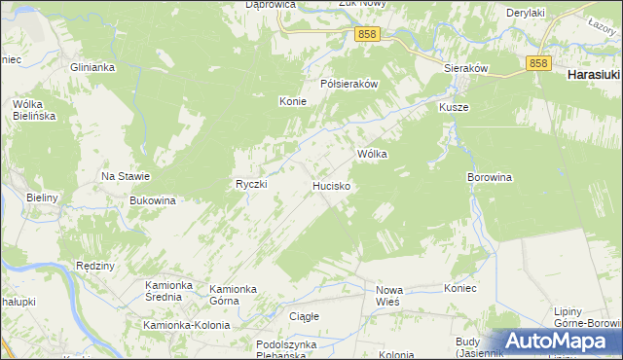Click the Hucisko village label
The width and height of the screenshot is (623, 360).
(x=331, y=184)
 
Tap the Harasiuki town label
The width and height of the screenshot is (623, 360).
(x=594, y=74)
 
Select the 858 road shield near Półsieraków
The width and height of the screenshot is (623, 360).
(x=367, y=34)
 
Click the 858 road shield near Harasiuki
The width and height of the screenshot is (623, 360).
(x=540, y=62)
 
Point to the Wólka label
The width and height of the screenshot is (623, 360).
(x=373, y=154)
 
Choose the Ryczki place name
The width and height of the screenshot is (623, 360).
(x=251, y=184)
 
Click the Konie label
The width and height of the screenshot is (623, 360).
(x=293, y=101)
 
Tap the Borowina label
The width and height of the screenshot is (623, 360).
(x=490, y=178)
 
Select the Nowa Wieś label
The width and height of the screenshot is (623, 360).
(x=389, y=296)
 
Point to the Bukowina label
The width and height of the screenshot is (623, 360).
(x=152, y=200)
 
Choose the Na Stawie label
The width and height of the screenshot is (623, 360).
(x=126, y=176)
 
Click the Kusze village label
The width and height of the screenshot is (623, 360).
(x=454, y=106)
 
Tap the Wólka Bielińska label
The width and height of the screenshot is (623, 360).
(x=34, y=109)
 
